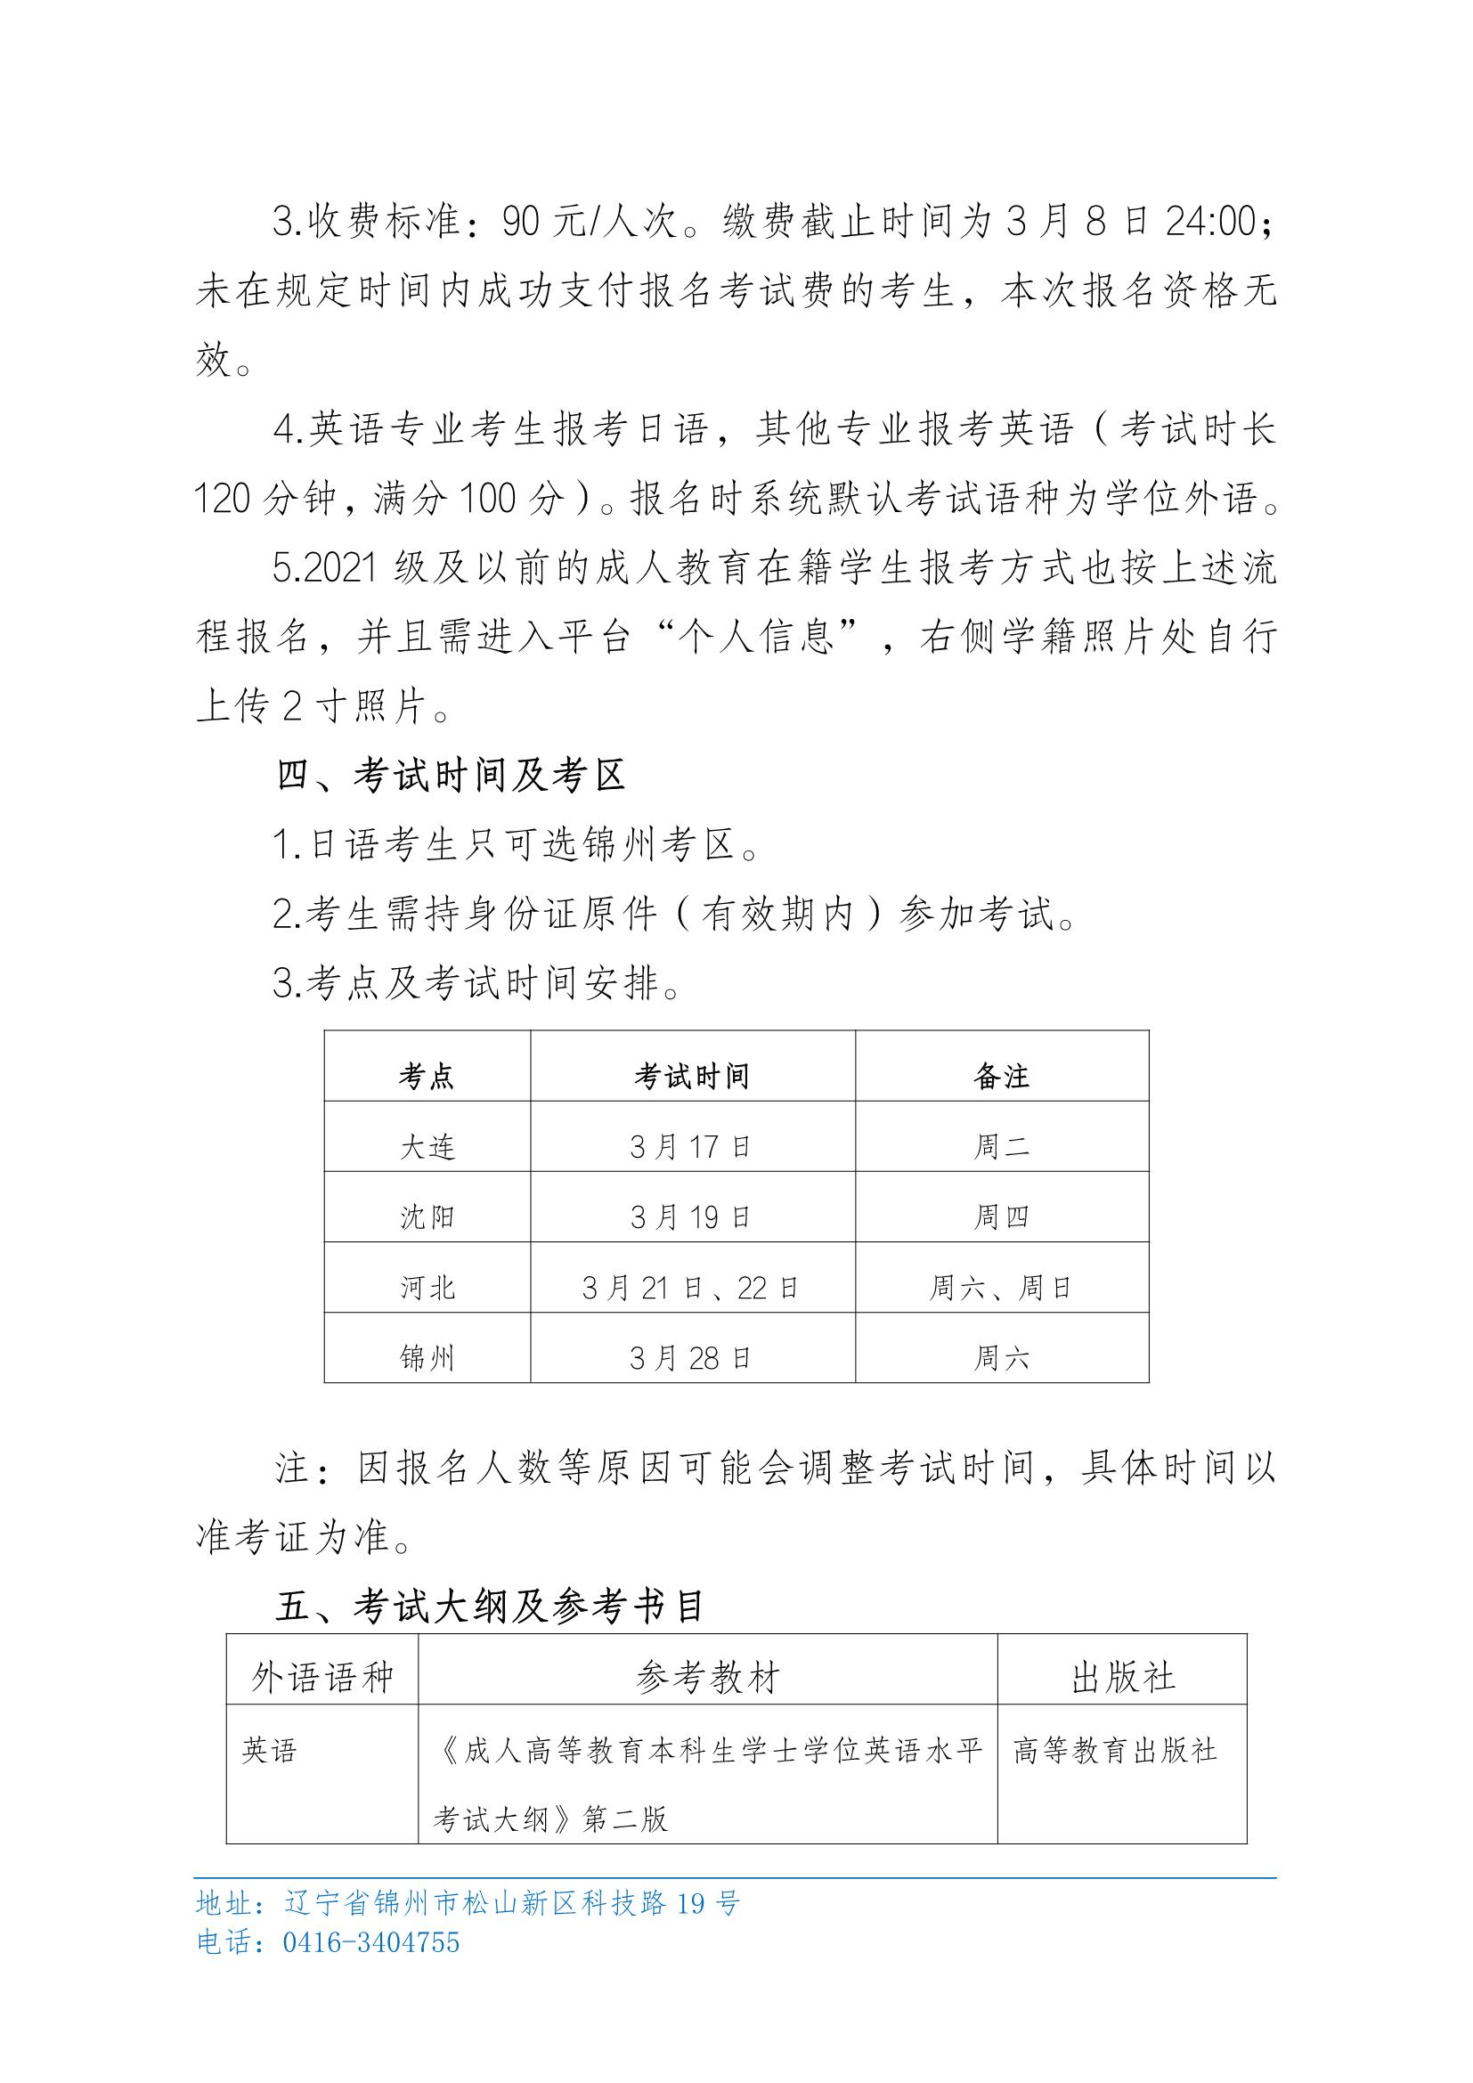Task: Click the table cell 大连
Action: pos(427,1147)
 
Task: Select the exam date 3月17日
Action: pos(691,1147)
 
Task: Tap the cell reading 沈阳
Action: pos(427,1216)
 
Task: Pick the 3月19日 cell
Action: pos(691,1216)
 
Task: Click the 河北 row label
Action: pos(427,1288)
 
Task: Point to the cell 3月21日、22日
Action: pos(691,1288)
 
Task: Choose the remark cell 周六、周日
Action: pos(1001,1288)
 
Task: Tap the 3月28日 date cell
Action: pos(691,1358)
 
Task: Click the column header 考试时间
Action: pos(691,1077)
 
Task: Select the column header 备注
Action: pos(1001,1077)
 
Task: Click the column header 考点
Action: pos(427,1077)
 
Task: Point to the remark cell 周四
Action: pos(1001,1216)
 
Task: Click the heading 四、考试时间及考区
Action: pos(451,777)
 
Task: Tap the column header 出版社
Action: pos(1123,1679)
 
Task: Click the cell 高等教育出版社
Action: pos(1115,1750)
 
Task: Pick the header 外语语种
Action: pos(322,1679)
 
